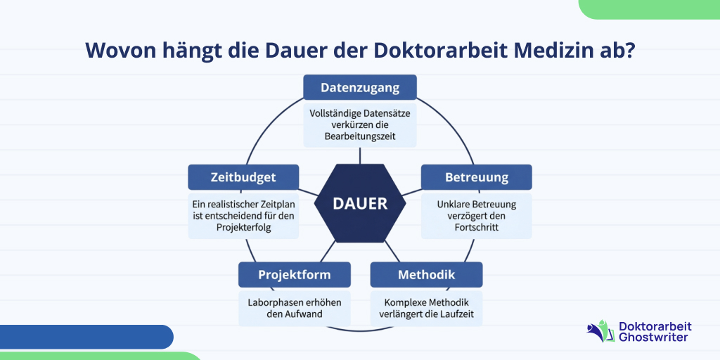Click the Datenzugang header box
[x=360, y=88]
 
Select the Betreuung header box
[x=476, y=177]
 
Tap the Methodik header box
[x=426, y=274]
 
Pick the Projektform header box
[x=294, y=274]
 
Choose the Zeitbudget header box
[x=243, y=177]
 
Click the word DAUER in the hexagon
[x=360, y=204]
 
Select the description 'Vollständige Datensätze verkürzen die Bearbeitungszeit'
[x=360, y=124]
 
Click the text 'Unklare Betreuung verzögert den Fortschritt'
[x=476, y=216]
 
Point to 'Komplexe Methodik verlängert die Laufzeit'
[x=426, y=307]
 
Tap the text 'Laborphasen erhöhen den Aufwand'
[x=294, y=307]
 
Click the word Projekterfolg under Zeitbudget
[x=243, y=228]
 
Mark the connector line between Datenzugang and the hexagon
[x=360, y=155]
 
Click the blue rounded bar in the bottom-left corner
[x=84, y=337]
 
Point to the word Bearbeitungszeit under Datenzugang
[x=360, y=136]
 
